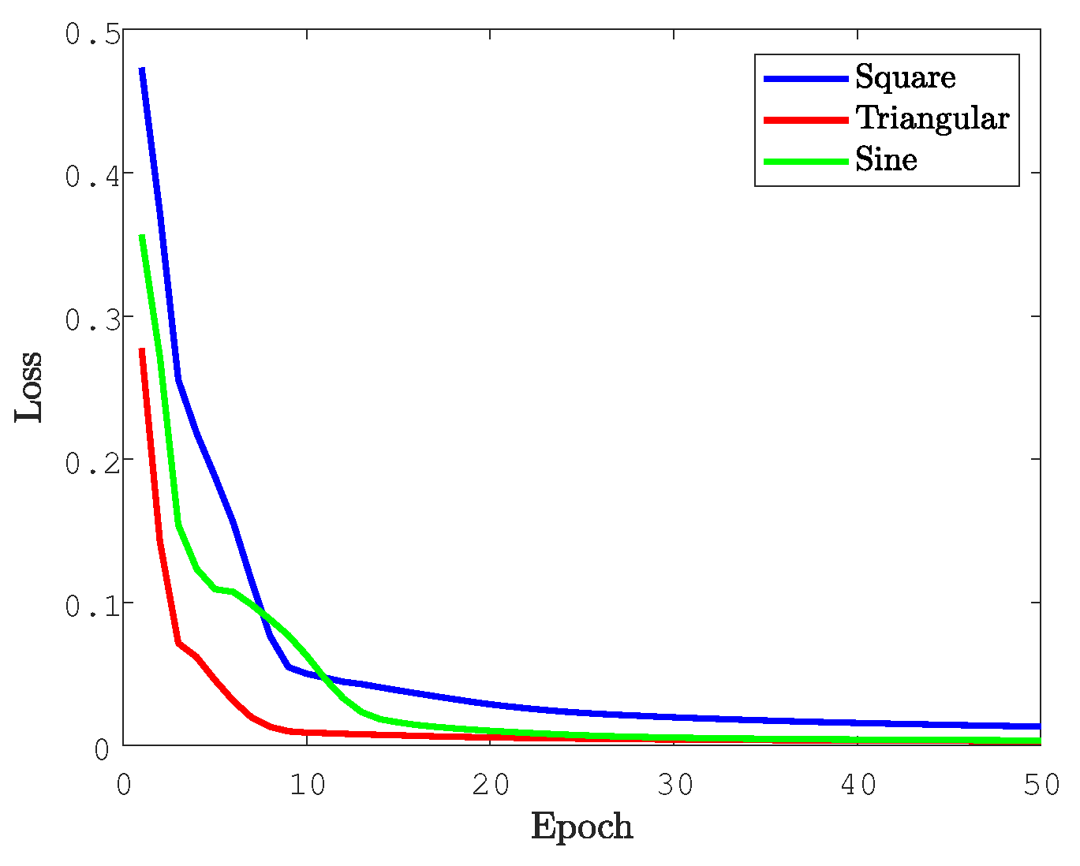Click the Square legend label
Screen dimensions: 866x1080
[905, 77]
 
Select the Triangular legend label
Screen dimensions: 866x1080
[932, 118]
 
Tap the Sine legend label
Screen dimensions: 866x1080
[886, 160]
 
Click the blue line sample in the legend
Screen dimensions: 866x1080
[805, 78]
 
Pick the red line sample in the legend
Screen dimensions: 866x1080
[805, 119]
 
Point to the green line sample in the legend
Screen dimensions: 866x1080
[805, 161]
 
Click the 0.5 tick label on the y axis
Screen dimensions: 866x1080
[92, 35]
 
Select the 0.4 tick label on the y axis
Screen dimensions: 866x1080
[92, 177]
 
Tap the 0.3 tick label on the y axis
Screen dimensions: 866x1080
[92, 320]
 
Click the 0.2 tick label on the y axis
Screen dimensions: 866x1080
[92, 463]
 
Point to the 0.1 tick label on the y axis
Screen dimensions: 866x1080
[92, 606]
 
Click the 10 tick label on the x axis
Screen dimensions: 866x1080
[308, 785]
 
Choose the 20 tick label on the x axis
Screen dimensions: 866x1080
[491, 785]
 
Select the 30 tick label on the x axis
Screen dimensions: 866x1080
[675, 785]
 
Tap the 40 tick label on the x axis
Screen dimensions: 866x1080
[858, 785]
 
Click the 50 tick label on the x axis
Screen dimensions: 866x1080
[1041, 785]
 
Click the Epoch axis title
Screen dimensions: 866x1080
[581, 827]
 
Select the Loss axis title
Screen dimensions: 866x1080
[29, 386]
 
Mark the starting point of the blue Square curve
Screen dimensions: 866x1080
[142, 70]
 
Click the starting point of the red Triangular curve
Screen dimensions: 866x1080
[142, 349]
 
